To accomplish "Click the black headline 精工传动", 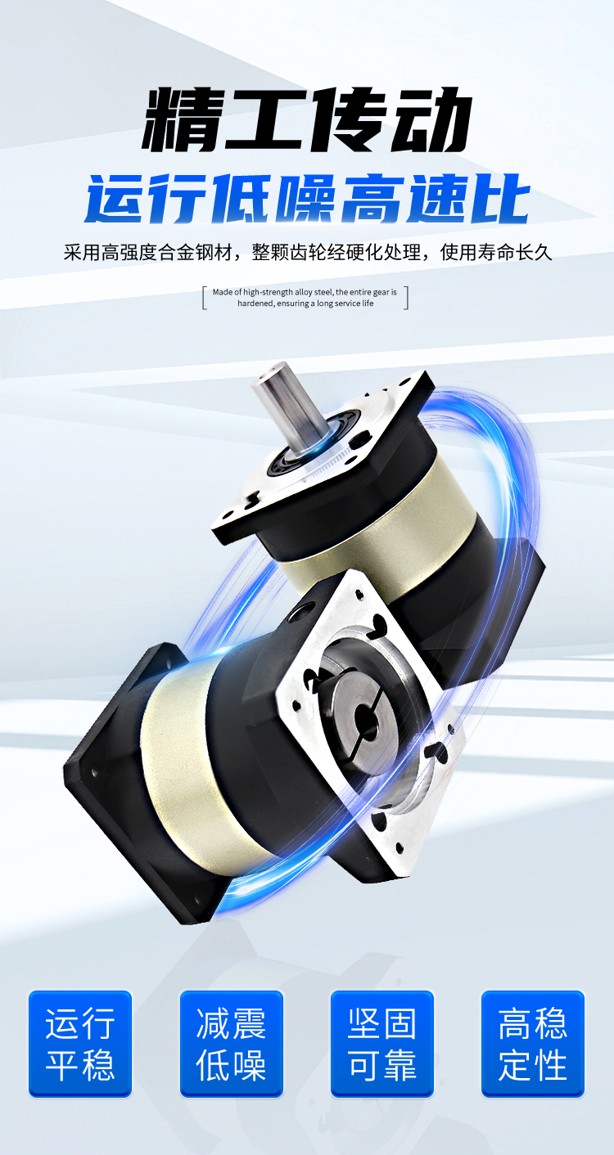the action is (x=306, y=121).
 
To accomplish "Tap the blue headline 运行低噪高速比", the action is (x=308, y=199).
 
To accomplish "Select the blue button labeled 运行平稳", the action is (x=80, y=1044).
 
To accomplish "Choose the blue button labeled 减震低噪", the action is (x=231, y=1044).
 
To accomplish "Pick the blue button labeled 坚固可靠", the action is (x=382, y=1044).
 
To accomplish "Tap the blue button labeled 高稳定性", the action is (x=533, y=1044).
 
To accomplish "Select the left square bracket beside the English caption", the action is (x=205, y=298).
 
